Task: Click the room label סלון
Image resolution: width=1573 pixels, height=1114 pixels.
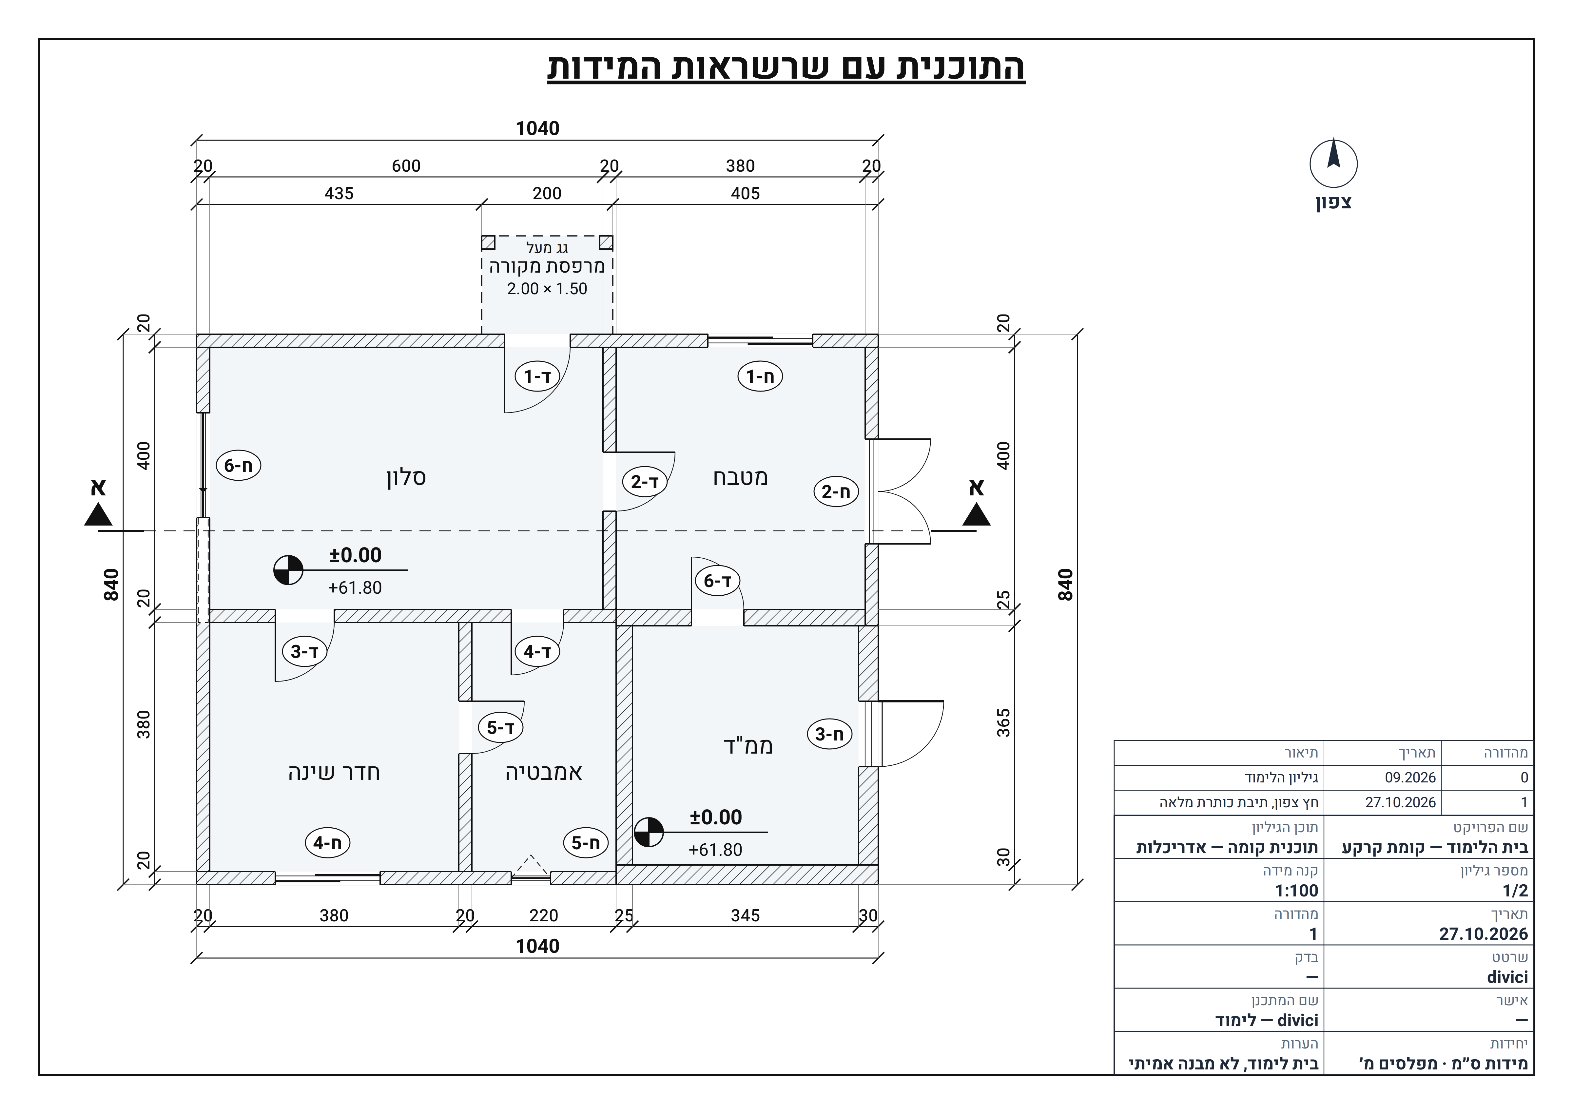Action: (x=406, y=477)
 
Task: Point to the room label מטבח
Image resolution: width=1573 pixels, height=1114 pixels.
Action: (x=740, y=477)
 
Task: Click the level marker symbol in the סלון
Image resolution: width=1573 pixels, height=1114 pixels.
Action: (x=288, y=570)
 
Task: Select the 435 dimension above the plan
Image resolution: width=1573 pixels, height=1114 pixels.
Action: (x=339, y=193)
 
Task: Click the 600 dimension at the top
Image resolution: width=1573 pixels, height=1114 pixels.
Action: (x=406, y=166)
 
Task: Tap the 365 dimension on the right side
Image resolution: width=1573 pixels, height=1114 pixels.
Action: (x=1004, y=723)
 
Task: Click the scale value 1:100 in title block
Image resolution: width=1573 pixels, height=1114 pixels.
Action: (x=1296, y=891)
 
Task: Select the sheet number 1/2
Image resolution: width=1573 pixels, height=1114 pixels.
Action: (x=1515, y=891)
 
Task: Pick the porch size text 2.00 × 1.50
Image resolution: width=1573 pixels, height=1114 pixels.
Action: (x=547, y=289)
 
